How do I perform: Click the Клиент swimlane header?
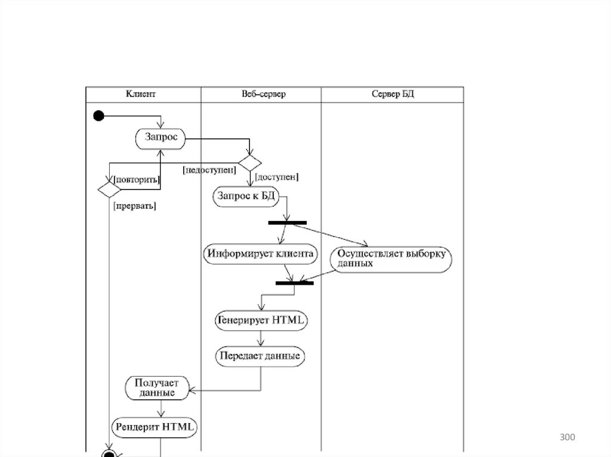(141, 94)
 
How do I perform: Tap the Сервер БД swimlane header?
(393, 94)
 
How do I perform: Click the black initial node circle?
(98, 116)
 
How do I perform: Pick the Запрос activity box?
(161, 138)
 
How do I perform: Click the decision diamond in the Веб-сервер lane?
(250, 162)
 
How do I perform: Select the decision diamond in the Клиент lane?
(109, 189)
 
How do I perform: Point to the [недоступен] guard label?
(209, 170)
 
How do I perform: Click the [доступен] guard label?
(277, 177)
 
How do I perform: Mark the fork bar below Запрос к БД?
(287, 223)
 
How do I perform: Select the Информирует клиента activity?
(260, 254)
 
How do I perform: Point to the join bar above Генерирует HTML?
(294, 283)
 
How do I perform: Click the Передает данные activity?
(260, 356)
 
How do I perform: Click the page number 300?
(567, 438)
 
